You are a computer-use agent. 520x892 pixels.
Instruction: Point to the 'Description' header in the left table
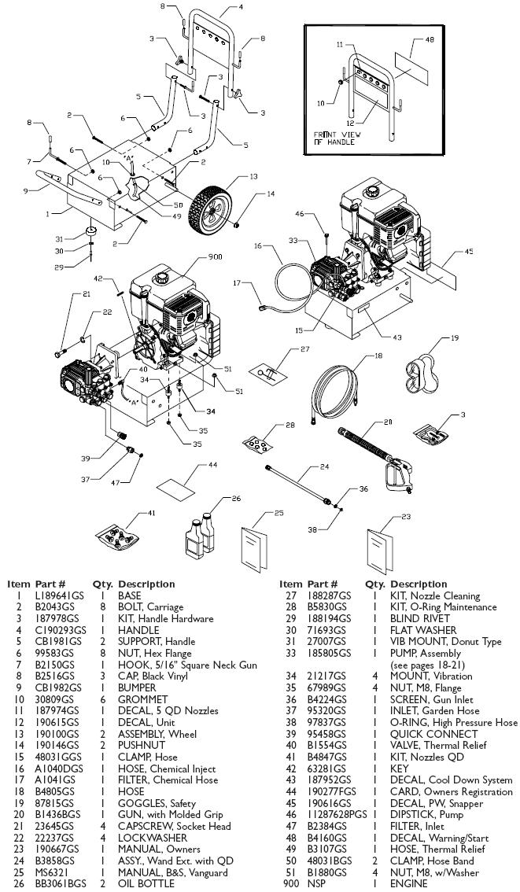click(146, 584)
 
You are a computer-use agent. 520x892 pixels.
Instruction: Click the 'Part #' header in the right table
click(323, 584)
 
